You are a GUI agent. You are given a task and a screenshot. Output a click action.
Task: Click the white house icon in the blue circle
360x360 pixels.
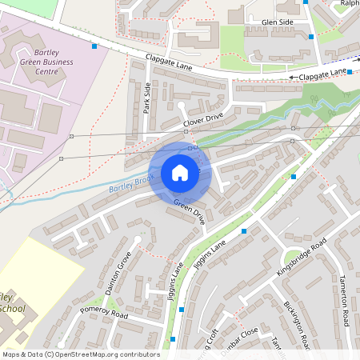pos(180,173)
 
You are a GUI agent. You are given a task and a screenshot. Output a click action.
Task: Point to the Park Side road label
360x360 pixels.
pos(147,98)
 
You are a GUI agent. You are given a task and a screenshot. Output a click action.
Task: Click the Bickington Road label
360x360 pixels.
pos(298,324)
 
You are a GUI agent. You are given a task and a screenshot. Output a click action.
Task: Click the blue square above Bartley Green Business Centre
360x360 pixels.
pos(94,46)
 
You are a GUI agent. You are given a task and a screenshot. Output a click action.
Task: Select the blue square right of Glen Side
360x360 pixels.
pos(310,36)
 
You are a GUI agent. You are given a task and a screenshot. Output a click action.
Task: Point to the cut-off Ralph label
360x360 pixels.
pos(349,3)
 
